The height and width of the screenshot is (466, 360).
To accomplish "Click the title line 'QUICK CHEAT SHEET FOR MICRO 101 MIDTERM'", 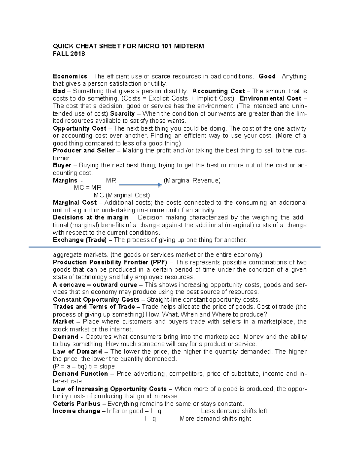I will [x=128, y=46].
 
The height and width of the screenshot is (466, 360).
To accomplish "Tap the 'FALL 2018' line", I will [x=69, y=54].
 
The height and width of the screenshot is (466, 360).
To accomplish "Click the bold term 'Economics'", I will [x=70, y=76].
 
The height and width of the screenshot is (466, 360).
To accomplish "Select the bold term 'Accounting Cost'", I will [x=218, y=91].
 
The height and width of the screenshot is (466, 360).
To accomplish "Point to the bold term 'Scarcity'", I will [x=122, y=113].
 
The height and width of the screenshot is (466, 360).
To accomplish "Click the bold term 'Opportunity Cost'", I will [x=79, y=128].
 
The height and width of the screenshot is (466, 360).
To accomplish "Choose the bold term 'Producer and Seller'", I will [x=84, y=151].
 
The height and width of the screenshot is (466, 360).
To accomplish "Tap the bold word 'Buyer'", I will [x=62, y=165].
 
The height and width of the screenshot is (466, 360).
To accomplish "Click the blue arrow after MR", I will [x=140, y=185].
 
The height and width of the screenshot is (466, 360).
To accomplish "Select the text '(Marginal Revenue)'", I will [x=192, y=180].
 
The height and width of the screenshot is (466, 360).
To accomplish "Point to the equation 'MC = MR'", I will [x=88, y=188].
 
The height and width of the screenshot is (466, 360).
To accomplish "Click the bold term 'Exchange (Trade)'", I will [x=79, y=240].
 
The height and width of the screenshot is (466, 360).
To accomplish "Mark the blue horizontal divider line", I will [x=175, y=247].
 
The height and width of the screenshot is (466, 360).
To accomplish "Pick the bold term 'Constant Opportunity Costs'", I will [x=96, y=299].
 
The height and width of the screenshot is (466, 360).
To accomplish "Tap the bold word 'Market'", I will [x=63, y=322].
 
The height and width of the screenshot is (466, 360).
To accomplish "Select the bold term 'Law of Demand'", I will [x=77, y=352].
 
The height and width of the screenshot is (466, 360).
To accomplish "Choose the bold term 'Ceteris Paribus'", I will [x=76, y=404].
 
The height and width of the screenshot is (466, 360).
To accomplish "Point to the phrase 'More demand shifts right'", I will [x=215, y=419].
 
